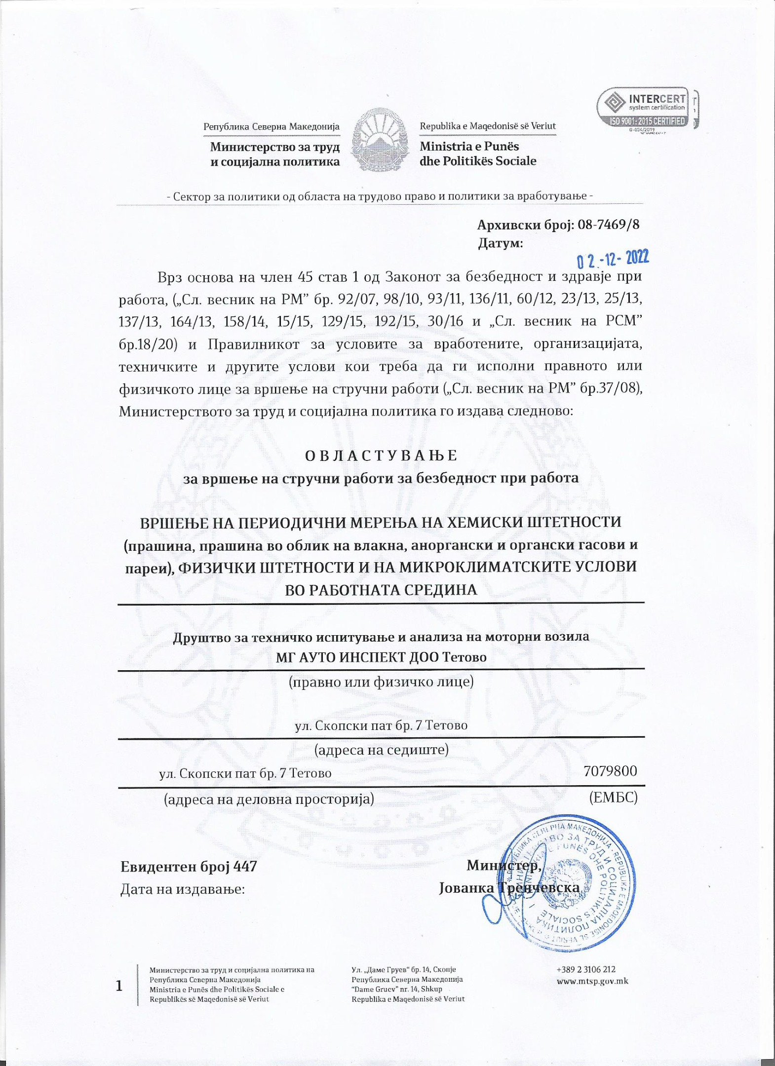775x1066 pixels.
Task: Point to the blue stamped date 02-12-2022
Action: click(613, 258)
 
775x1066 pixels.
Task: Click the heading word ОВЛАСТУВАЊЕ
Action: click(381, 456)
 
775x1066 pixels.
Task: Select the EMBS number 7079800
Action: click(610, 770)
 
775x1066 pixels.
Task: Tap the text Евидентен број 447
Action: click(189, 866)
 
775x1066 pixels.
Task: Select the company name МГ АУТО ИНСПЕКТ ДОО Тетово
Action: click(381, 657)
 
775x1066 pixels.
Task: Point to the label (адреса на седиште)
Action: click(382, 750)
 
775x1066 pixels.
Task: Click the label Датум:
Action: click(500, 243)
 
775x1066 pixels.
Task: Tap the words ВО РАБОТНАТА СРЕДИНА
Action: click(381, 590)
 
